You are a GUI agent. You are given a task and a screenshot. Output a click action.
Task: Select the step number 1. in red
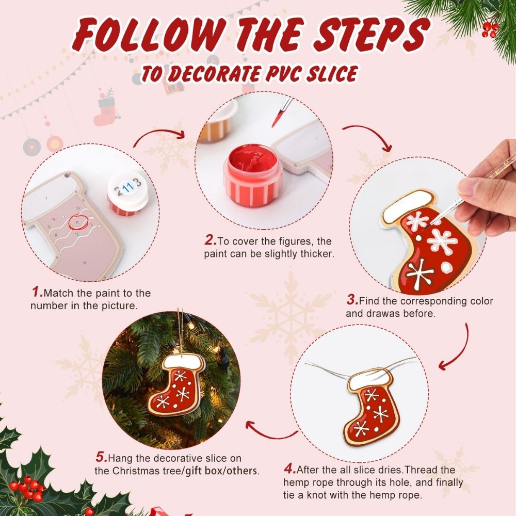(37, 293)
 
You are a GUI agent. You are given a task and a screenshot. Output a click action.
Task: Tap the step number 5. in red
(101, 457)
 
